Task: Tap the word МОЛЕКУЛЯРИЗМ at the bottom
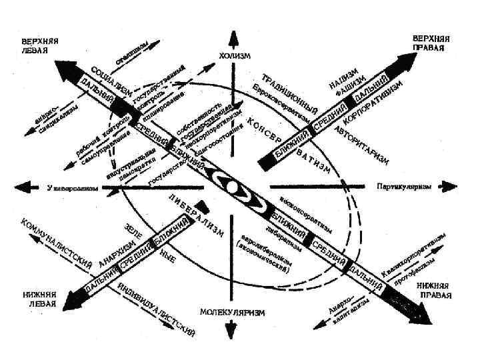tap(232, 312)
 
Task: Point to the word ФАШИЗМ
tap(350, 87)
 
